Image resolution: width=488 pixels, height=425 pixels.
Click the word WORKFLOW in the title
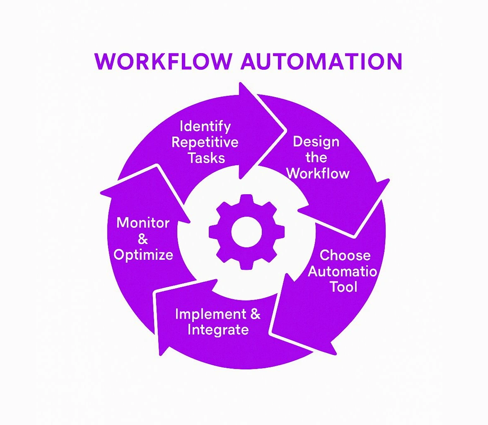point(163,61)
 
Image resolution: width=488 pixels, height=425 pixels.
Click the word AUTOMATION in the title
point(321,61)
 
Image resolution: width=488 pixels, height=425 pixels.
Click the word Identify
point(205,126)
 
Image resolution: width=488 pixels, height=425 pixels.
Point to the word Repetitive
point(205,142)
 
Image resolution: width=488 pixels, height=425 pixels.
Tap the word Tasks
point(206,158)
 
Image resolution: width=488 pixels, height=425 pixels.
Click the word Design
point(316,142)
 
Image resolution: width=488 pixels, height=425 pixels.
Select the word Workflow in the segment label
point(318,173)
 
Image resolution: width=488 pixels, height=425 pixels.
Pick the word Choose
point(345,255)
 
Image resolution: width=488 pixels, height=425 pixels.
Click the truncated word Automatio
point(343,271)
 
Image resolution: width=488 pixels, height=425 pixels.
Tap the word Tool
point(343,287)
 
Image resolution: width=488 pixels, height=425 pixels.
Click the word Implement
point(210,314)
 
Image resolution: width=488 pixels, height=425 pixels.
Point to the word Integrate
point(218,330)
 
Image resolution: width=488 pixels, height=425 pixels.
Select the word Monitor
point(143,223)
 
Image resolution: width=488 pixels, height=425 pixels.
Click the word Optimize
point(143,254)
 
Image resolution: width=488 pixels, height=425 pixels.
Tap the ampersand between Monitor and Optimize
point(143,239)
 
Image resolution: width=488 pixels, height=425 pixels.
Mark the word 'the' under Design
point(316,158)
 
